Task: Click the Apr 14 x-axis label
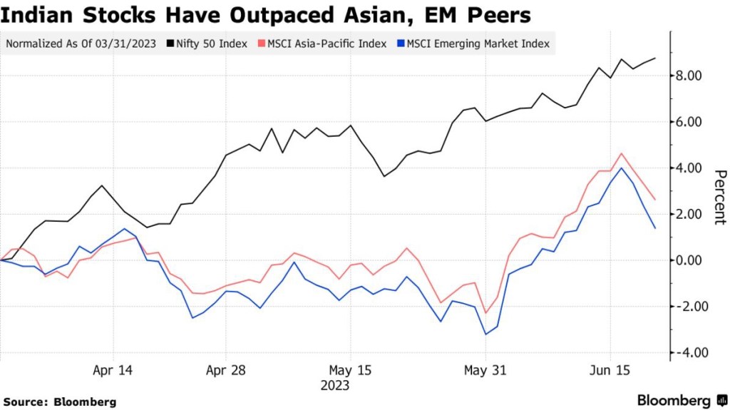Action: [x=114, y=371]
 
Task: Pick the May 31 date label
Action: [x=486, y=371]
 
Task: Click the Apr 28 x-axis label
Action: [x=225, y=371]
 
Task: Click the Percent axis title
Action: [x=719, y=197]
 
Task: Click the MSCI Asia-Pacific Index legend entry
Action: [x=326, y=43]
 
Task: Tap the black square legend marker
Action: [x=172, y=43]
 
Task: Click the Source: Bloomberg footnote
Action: [x=60, y=402]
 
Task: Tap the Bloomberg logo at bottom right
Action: [x=682, y=400]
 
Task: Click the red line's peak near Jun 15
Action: [x=622, y=153]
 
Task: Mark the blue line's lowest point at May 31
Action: [x=485, y=334]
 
